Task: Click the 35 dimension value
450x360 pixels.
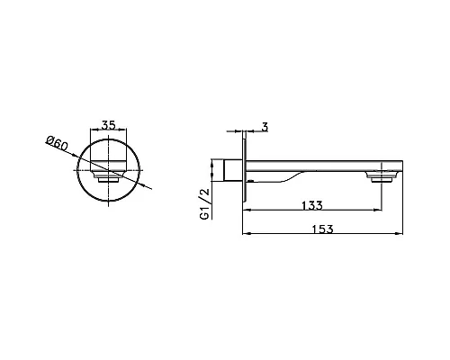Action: [108, 125]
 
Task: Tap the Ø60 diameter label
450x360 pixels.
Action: [57, 143]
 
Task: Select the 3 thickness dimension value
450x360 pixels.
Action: [265, 127]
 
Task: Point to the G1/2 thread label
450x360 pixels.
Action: [205, 204]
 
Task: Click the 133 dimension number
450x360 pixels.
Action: [312, 205]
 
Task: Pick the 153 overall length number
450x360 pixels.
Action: [322, 229]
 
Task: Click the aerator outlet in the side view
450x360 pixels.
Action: [382, 176]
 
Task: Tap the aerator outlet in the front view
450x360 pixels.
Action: [108, 176]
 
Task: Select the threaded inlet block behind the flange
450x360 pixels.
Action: [233, 170]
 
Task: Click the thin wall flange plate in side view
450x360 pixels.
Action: [245, 166]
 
